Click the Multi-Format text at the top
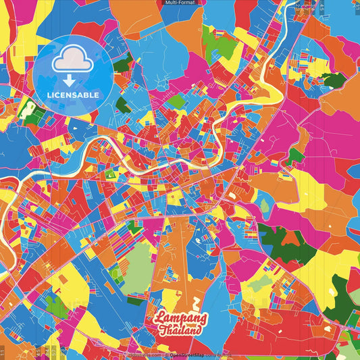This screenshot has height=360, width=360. pyautogui.click(x=180, y=3)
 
